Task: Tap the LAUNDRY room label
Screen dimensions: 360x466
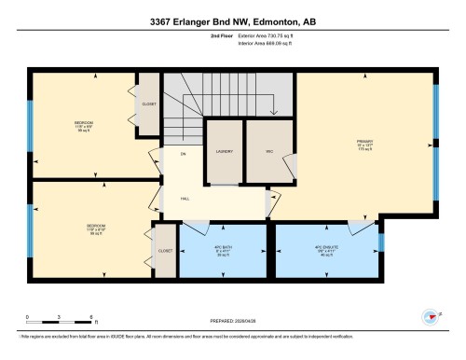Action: click(x=224, y=151)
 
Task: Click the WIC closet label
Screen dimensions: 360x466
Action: click(x=267, y=151)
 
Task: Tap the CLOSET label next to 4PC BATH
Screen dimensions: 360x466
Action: click(x=165, y=251)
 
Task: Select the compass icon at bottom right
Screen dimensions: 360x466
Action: click(x=432, y=315)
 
